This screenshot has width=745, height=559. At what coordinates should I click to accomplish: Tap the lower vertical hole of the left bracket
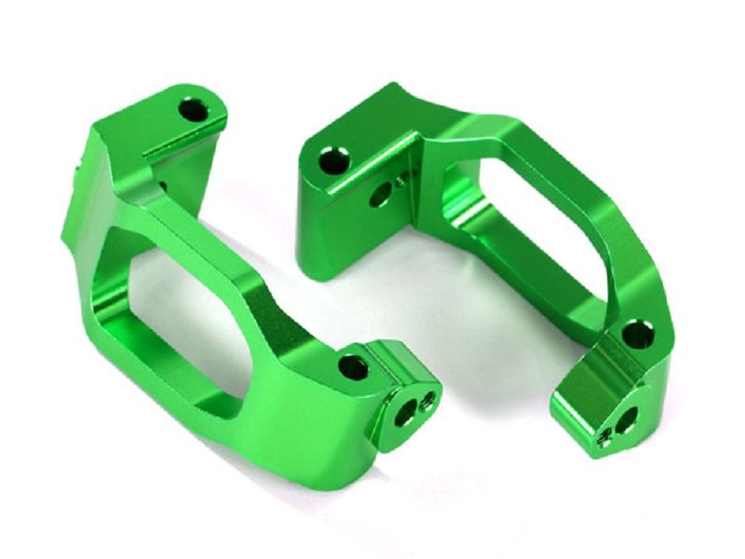[x=353, y=367]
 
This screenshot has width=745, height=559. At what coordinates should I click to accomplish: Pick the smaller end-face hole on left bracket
[x=427, y=401]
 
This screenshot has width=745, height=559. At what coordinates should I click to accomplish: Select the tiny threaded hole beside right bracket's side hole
[x=401, y=181]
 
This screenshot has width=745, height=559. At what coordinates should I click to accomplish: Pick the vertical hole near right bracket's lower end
[x=636, y=334]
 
